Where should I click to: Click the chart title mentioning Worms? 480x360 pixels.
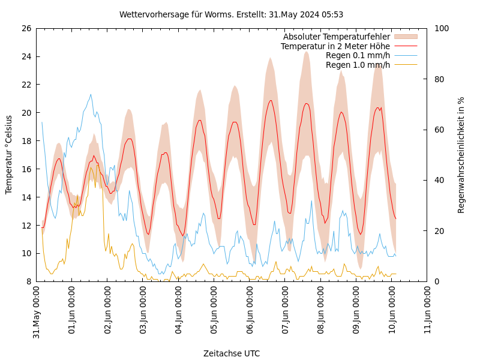[x=231, y=14]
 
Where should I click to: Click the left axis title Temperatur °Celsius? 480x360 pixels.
[x=9, y=155]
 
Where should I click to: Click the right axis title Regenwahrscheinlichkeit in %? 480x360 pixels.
[x=461, y=155]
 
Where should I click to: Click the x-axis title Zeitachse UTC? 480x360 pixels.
[x=232, y=353]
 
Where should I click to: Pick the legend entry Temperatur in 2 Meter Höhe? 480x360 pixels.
[x=335, y=46]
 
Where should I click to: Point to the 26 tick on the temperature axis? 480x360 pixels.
[x=26, y=28]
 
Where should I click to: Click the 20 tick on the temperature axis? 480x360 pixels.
[x=26, y=113]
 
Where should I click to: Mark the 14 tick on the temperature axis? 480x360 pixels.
[x=26, y=197]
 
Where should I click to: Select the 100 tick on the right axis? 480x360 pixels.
[x=441, y=28]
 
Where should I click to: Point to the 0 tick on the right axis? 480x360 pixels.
[x=436, y=281]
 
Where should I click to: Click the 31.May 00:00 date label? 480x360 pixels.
[x=37, y=313]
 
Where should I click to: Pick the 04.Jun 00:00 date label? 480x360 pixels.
[x=179, y=313]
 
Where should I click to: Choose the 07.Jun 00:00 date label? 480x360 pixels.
[x=286, y=313]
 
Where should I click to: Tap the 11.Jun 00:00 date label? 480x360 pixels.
[x=428, y=313]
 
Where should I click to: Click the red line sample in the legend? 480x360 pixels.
[x=406, y=46]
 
